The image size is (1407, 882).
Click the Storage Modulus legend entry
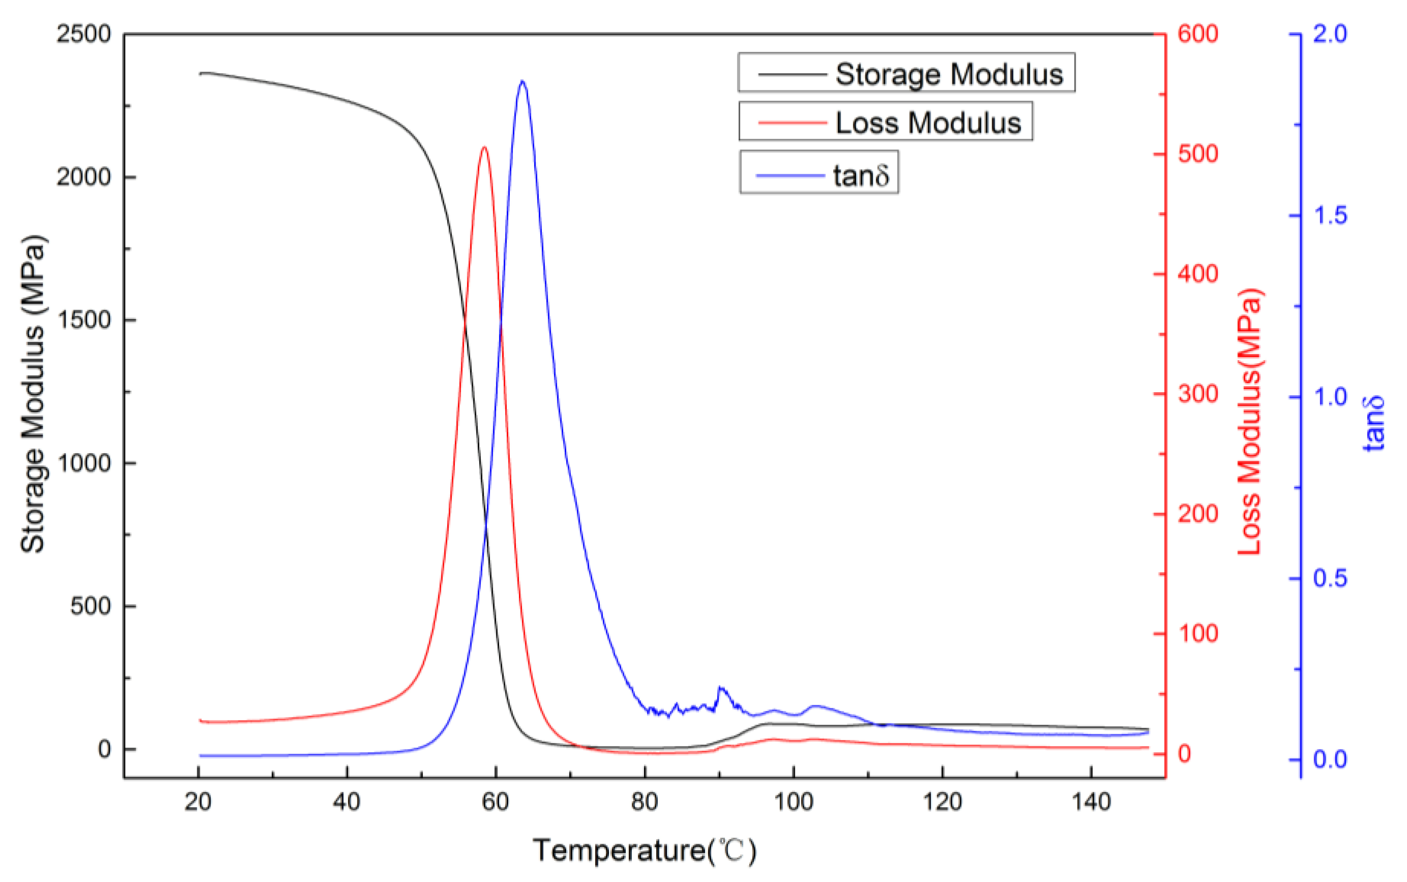coord(906,74)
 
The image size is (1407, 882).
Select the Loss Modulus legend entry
coord(885,122)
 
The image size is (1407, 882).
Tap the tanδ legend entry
coord(819,174)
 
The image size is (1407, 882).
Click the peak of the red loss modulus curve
coord(484,147)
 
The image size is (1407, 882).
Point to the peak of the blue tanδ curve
coord(522,82)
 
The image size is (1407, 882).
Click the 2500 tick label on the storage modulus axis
coord(83,35)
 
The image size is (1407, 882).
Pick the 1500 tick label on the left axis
coord(83,320)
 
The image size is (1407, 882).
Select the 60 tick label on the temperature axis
coord(496,802)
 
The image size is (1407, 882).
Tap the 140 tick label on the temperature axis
coord(1091,802)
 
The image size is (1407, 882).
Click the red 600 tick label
coord(1198,35)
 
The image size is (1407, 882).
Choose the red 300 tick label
coord(1198,394)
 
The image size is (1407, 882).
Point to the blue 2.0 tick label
coord(1330,35)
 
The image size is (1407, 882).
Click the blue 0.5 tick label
coord(1330,578)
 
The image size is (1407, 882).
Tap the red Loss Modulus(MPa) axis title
coord(1249,421)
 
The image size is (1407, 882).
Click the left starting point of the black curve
coord(200,74)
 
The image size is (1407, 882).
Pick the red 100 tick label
coord(1198,634)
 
